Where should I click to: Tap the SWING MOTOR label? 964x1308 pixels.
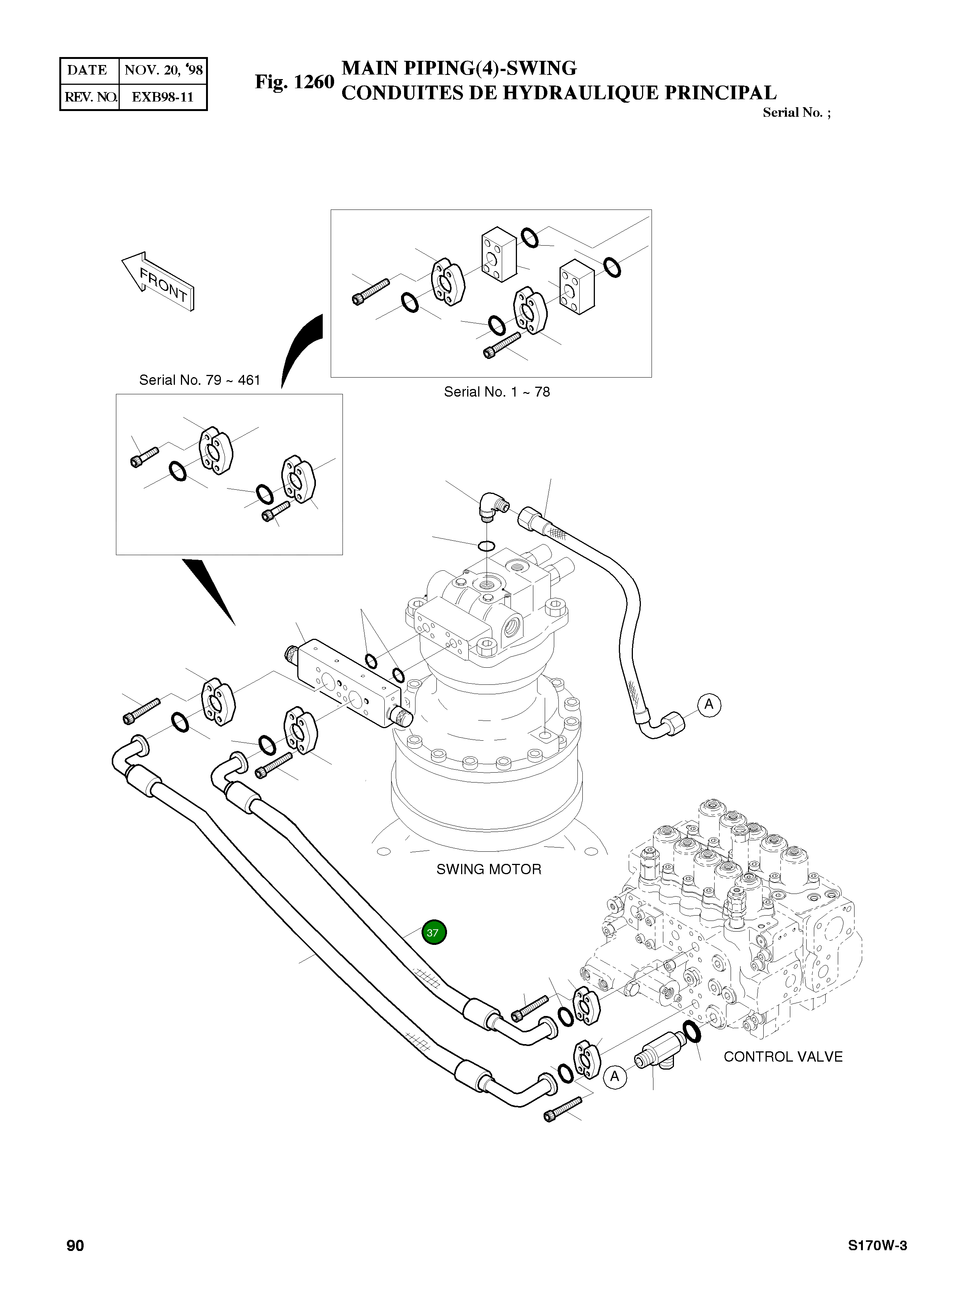tap(488, 869)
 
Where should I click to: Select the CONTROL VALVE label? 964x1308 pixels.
tap(783, 1056)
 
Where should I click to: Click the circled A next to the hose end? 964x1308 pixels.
tap(709, 705)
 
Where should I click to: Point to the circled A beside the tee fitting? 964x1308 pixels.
tap(614, 1077)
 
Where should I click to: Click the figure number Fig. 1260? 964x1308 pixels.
tap(294, 82)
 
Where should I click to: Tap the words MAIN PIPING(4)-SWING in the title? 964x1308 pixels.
tap(459, 68)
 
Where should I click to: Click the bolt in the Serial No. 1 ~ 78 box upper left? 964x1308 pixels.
tap(371, 292)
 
